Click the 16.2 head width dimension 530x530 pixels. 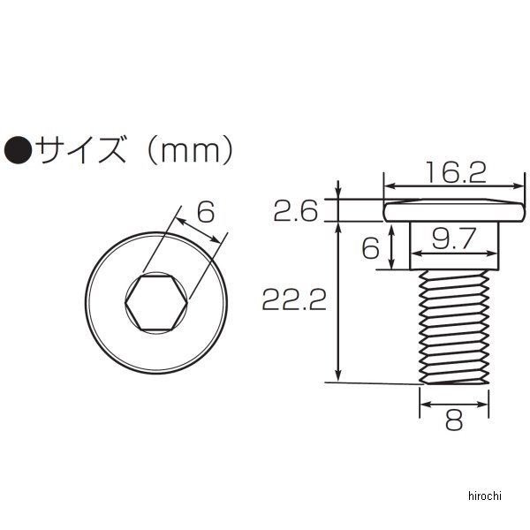tap(456, 172)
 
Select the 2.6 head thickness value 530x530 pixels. tap(296, 211)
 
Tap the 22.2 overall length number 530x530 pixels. tap(294, 299)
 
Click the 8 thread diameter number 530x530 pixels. tap(454, 420)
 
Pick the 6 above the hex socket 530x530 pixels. tap(206, 212)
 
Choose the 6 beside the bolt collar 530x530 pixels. tap(371, 249)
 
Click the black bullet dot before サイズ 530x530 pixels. tap(18, 150)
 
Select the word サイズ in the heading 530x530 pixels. tap(81, 149)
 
